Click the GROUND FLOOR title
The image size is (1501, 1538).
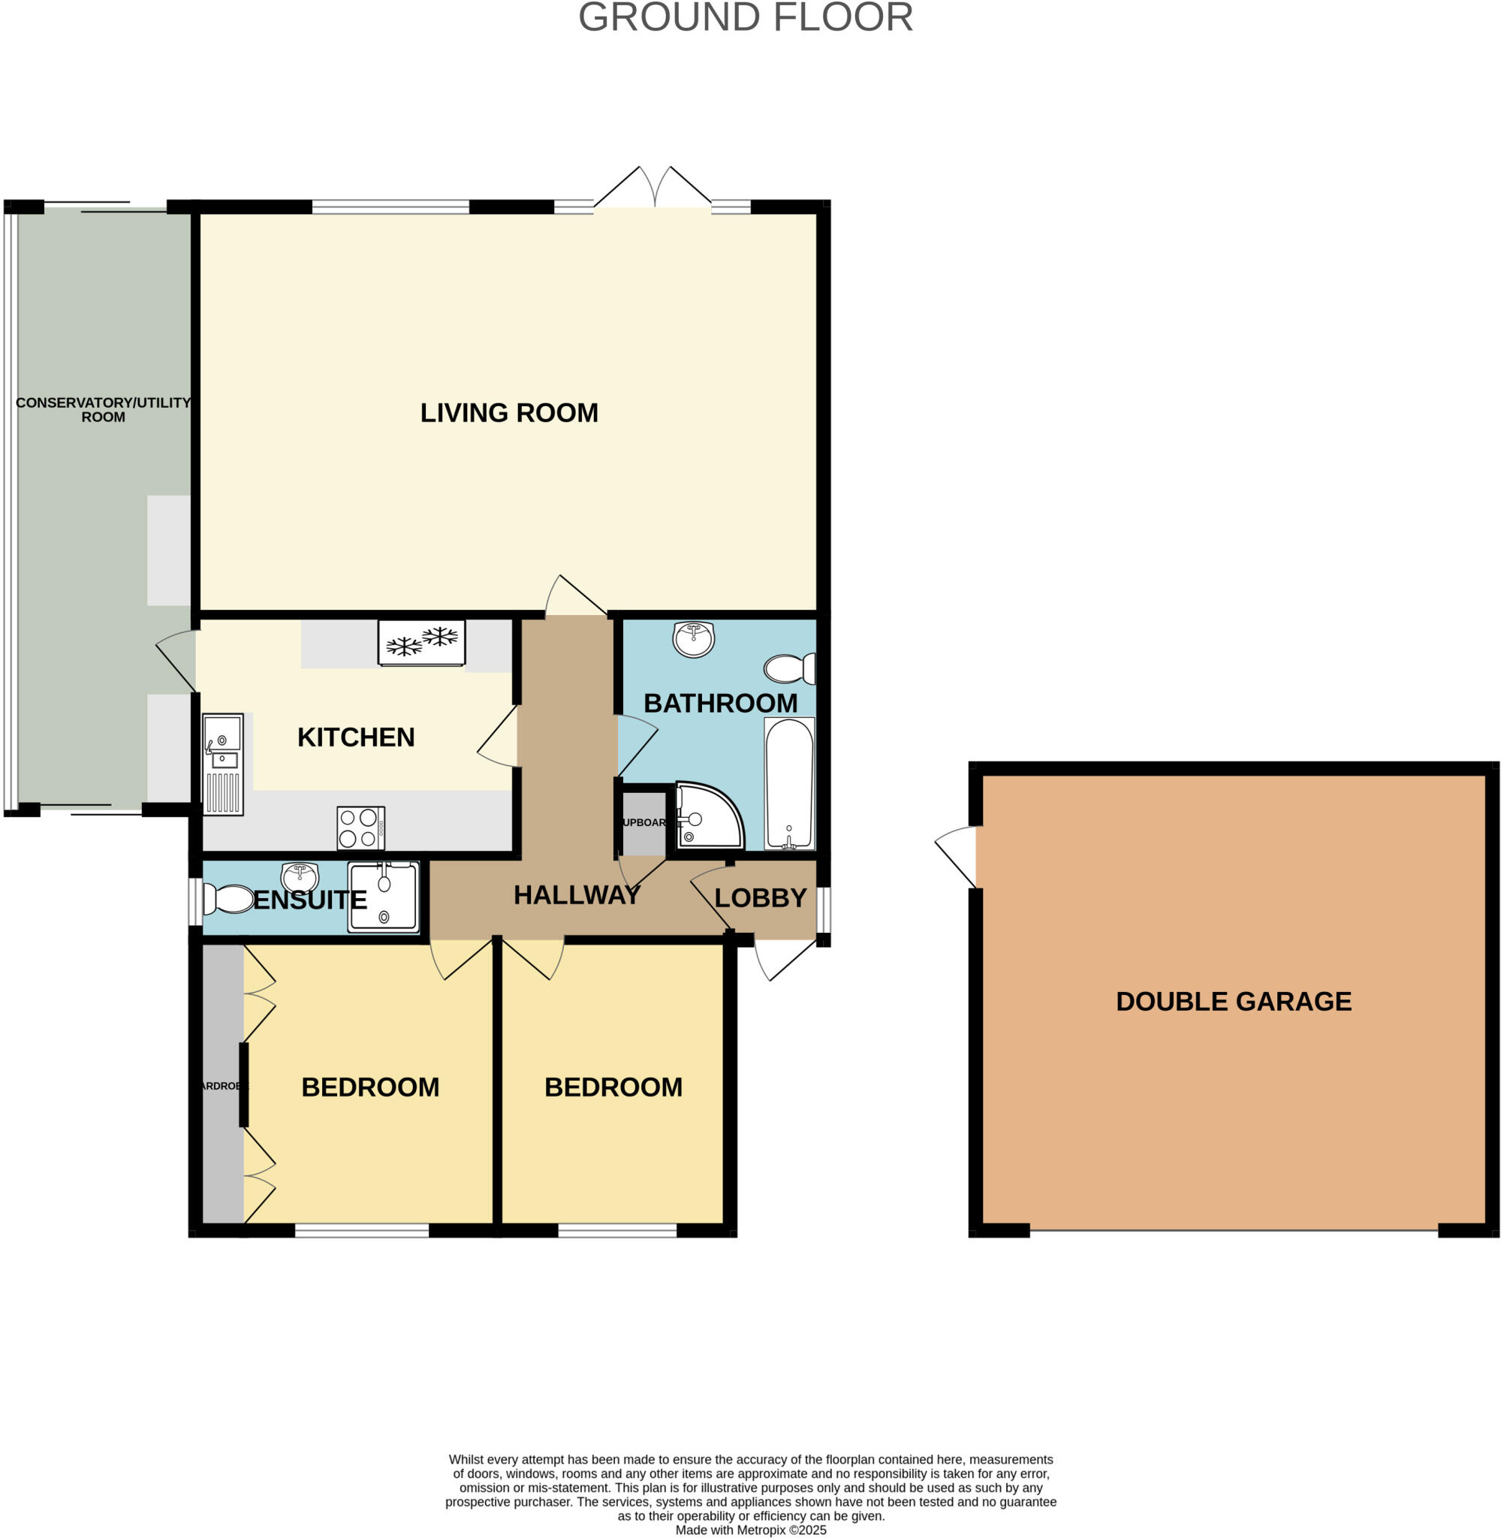pyautogui.click(x=745, y=17)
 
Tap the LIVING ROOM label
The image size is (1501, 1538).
pyautogui.click(x=508, y=413)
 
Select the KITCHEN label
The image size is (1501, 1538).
pyautogui.click(x=356, y=737)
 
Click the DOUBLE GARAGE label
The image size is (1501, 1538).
pyautogui.click(x=1234, y=1001)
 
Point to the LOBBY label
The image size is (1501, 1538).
pyautogui.click(x=760, y=898)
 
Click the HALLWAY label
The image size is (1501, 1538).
pyautogui.click(x=576, y=894)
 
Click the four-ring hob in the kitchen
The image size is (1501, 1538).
pyautogui.click(x=360, y=828)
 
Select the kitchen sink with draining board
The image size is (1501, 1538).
pyautogui.click(x=223, y=764)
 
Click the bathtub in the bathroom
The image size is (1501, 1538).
pyautogui.click(x=789, y=783)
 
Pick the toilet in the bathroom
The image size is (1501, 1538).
pyautogui.click(x=789, y=668)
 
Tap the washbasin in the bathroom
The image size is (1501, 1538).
pyautogui.click(x=694, y=638)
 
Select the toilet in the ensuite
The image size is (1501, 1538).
pyautogui.click(x=226, y=899)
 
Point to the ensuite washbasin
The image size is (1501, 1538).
pyautogui.click(x=300, y=876)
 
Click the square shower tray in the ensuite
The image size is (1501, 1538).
pyautogui.click(x=384, y=897)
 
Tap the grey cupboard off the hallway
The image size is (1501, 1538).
pyautogui.click(x=644, y=822)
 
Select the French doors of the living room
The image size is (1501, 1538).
pyautogui.click(x=653, y=189)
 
